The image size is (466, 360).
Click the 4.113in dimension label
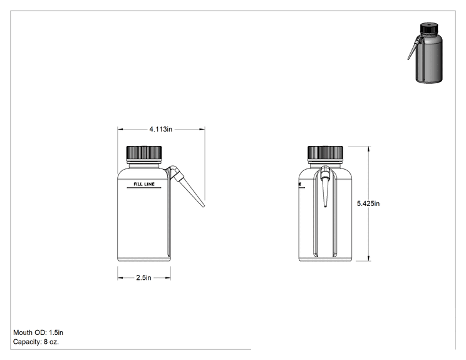click(x=161, y=129)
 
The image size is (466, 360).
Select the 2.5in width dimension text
click(x=144, y=277)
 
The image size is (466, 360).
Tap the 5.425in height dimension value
click(x=368, y=203)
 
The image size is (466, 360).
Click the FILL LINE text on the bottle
click(x=144, y=184)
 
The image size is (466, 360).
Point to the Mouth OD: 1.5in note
click(x=38, y=332)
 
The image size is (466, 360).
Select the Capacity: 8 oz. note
click(x=36, y=342)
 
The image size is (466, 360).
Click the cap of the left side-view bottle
click(x=144, y=152)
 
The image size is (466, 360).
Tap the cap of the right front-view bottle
click(x=325, y=152)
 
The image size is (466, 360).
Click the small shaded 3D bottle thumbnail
click(x=425, y=53)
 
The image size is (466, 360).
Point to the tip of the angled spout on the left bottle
click(x=204, y=206)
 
